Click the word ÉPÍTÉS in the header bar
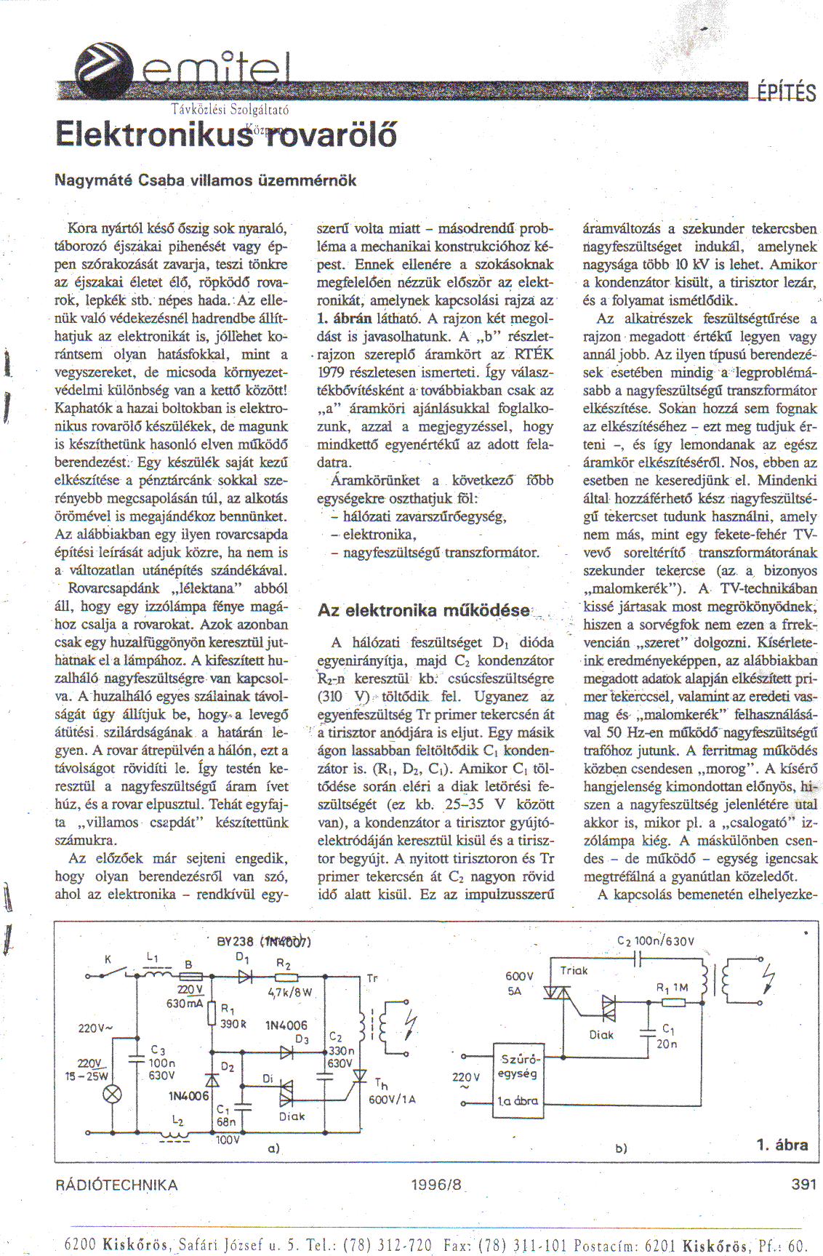coord(786,93)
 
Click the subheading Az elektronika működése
coord(424,610)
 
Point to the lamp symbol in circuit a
coord(112,1095)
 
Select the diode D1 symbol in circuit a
coord(244,977)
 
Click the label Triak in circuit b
coord(574,970)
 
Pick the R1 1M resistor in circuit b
coord(673,1002)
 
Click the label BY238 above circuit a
coord(235,941)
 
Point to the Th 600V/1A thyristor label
coord(391,1092)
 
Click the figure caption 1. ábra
coord(782,1145)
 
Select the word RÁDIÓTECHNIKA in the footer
coord(116,1185)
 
